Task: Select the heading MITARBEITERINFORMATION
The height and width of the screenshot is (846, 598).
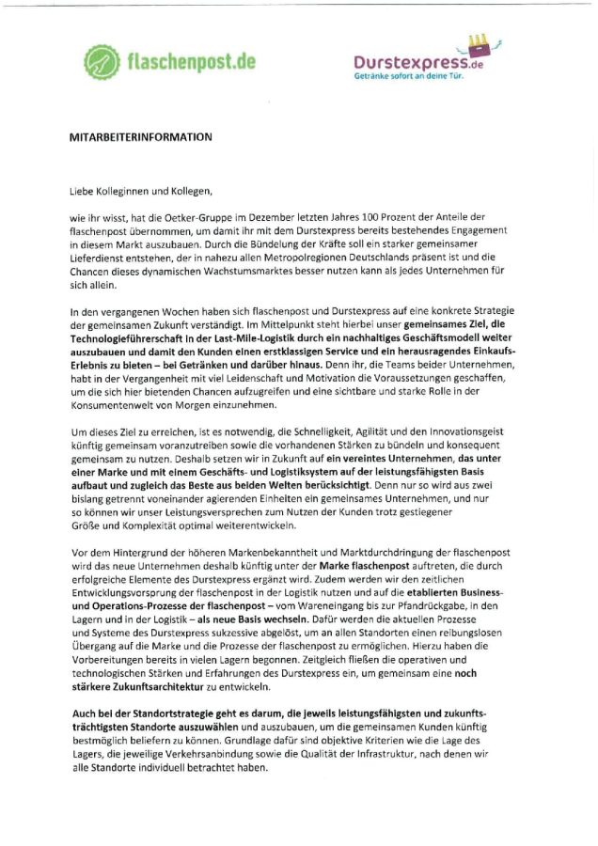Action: click(140, 137)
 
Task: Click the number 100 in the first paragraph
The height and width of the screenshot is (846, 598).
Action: click(365, 216)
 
